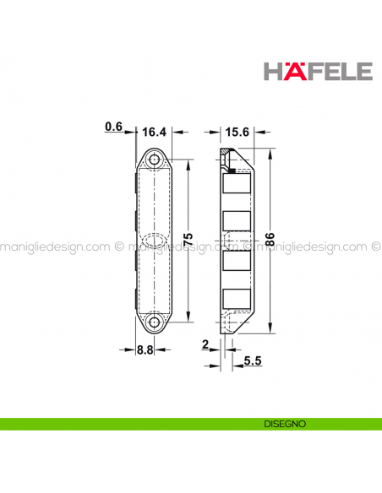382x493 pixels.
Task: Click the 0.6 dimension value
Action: (113, 127)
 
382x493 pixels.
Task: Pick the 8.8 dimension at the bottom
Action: (146, 349)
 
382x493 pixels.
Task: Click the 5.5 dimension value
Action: (251, 361)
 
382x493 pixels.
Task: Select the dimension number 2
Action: (206, 345)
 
